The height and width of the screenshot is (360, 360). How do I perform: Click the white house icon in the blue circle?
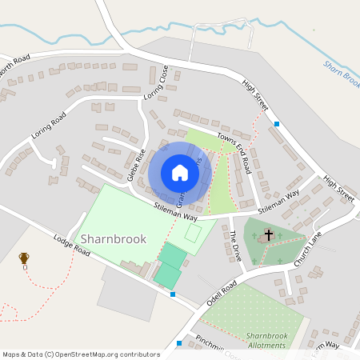coord(180,172)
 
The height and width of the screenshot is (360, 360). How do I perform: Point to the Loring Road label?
coord(49,127)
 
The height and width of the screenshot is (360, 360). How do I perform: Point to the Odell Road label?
coord(222,294)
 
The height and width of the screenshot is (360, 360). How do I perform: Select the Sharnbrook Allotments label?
coord(266,340)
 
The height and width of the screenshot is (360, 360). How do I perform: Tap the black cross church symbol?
coord(269,235)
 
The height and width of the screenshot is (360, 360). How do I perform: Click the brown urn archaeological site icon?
coord(24,258)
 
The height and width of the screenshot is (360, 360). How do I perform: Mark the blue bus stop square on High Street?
coord(277,124)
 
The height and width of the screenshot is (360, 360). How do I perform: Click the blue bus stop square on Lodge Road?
coord(174,294)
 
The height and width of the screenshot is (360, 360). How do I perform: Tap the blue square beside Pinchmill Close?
coord(179,343)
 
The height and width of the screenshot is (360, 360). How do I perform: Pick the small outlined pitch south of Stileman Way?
coord(193,234)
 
